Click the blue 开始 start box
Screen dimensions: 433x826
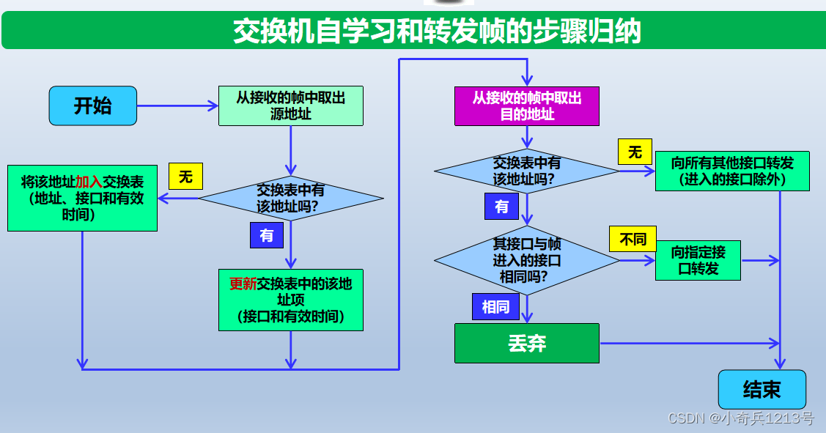[93, 106]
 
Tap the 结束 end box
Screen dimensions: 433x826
[762, 389]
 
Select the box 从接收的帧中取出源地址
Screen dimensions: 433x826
[291, 106]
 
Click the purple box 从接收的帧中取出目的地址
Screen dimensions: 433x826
[527, 106]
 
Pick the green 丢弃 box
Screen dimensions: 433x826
[527, 343]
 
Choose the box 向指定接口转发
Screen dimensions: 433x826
[698, 260]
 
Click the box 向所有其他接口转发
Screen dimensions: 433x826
[732, 171]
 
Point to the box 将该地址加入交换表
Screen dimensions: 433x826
[82, 198]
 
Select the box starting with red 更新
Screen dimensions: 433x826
[291, 300]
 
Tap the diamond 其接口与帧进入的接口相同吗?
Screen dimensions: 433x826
[527, 260]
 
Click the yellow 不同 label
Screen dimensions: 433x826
[633, 239]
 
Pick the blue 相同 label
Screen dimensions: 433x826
[495, 306]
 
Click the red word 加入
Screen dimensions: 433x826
[89, 181]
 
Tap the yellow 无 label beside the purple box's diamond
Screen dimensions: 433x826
[635, 152]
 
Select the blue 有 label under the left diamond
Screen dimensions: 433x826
[266, 235]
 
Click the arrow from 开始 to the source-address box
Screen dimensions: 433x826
[177, 106]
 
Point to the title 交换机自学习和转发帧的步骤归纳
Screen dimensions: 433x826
[437, 32]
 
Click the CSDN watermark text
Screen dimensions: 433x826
[740, 418]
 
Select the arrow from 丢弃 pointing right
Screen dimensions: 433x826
[689, 343]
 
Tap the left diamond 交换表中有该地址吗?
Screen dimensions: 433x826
[291, 198]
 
